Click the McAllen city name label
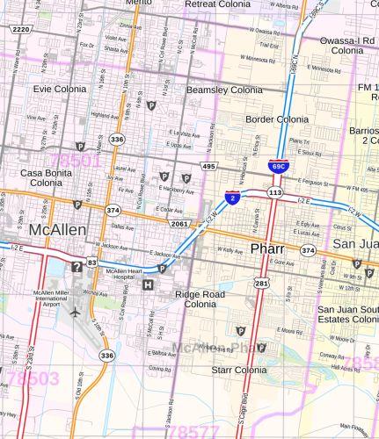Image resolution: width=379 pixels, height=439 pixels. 57,229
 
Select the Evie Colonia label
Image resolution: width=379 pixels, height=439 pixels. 60,89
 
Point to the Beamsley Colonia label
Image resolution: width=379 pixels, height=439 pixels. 224,90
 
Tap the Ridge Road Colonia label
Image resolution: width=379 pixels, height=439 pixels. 200,299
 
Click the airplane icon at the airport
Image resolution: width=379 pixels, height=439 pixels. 76,312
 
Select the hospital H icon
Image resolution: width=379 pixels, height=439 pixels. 148,284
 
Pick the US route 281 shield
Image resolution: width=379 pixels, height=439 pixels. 262,283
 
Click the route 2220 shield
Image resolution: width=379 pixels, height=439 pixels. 20,29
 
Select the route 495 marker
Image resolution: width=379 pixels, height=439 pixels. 208,166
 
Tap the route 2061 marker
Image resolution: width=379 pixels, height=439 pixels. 180,224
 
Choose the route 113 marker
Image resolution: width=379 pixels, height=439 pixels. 274,191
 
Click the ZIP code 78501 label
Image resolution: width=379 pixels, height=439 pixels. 77,162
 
